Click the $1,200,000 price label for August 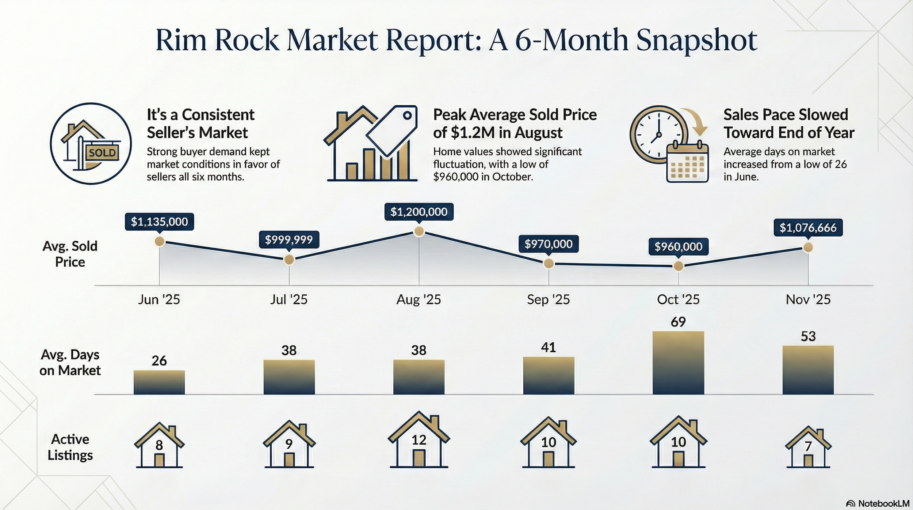(x=419, y=212)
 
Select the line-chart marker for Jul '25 (x=289, y=260)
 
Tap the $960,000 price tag (x=678, y=247)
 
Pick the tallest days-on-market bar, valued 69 (x=678, y=363)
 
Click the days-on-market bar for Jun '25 (x=159, y=382)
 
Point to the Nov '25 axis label (x=808, y=300)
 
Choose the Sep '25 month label (x=548, y=300)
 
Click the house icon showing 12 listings (x=419, y=441)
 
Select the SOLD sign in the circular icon (x=102, y=153)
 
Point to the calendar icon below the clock (x=687, y=163)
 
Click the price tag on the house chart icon (x=393, y=130)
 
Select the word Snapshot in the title (x=696, y=41)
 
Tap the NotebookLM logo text (x=883, y=503)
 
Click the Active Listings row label (x=70, y=447)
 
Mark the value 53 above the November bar (x=808, y=336)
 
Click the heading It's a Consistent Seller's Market (x=200, y=124)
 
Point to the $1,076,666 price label (x=808, y=228)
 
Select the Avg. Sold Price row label (x=70, y=254)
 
